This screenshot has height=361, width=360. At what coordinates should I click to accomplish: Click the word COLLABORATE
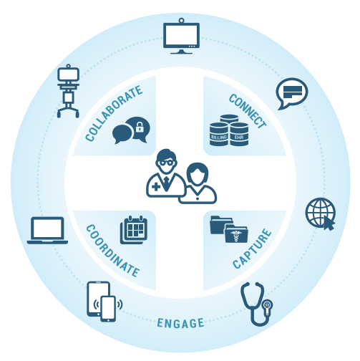114,113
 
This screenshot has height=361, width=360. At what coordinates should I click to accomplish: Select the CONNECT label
248,111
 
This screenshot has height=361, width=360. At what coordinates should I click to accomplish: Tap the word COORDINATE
112,251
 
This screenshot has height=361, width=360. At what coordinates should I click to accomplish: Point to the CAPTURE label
252,249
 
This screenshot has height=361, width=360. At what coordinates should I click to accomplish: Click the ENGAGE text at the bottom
180,323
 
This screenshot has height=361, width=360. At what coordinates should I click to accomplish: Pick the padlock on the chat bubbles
140,127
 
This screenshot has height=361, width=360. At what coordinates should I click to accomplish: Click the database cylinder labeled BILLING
219,134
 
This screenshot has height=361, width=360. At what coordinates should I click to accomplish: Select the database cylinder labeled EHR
239,134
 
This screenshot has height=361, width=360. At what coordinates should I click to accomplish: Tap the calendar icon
134,230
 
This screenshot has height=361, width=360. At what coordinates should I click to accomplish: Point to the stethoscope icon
257,304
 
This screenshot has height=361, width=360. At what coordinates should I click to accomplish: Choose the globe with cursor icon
321,213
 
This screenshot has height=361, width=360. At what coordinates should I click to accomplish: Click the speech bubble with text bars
292,93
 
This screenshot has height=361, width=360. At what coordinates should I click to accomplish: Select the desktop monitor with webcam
181,36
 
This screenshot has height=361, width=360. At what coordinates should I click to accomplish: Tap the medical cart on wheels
68,91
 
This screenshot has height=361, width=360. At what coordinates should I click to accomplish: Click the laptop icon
47,231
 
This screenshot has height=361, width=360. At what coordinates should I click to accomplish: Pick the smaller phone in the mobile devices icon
108,309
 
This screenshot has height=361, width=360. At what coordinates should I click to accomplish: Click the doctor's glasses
166,163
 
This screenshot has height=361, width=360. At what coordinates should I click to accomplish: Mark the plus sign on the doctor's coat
156,187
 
